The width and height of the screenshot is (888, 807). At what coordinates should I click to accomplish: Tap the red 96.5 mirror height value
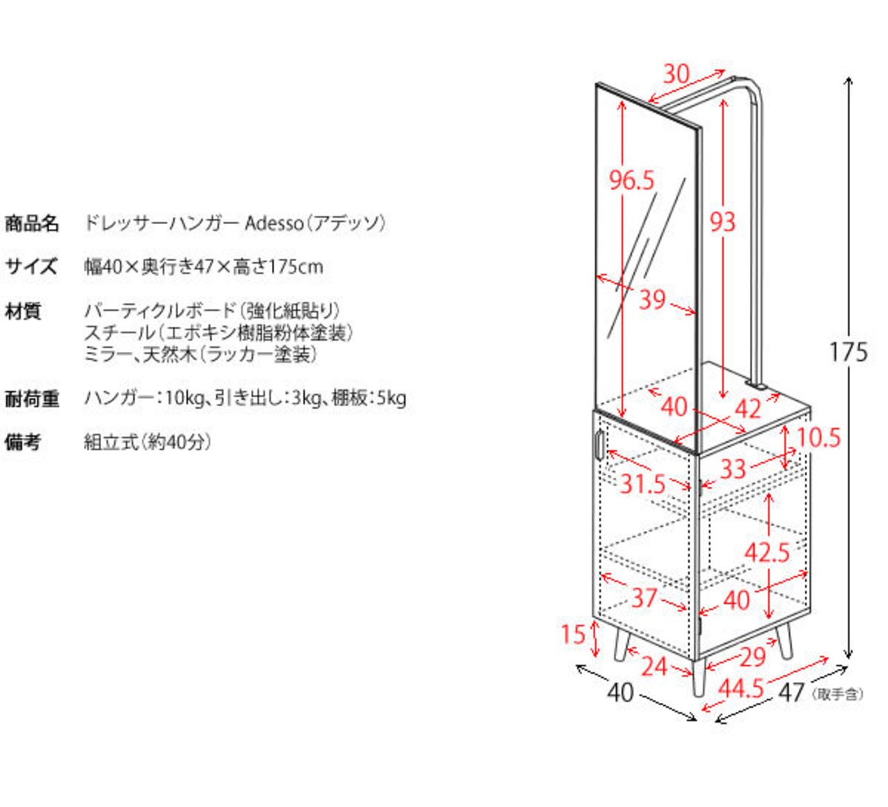631,180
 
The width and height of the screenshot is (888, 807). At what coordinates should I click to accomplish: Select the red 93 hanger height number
722,222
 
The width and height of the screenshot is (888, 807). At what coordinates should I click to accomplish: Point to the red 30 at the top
676,74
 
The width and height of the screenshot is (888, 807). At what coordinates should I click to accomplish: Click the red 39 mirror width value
653,300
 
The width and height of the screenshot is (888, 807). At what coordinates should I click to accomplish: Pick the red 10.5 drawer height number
819,438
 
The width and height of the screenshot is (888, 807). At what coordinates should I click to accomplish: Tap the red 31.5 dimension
642,484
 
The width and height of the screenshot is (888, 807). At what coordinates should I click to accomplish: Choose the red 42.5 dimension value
767,552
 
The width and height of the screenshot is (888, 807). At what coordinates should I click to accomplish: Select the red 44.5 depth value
741,688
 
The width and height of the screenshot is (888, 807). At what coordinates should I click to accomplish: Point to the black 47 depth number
791,693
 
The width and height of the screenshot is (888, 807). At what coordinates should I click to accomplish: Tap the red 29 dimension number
753,657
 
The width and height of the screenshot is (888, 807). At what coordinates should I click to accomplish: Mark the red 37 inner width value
644,597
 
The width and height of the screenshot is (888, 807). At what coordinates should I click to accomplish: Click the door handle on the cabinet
599,445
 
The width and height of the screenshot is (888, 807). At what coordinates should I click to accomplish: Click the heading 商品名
31,223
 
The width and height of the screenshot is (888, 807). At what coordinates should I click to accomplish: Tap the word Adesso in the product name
274,223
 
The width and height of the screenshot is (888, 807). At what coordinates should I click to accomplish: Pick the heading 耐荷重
31,399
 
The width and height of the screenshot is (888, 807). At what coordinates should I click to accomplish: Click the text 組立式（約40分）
148,442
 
